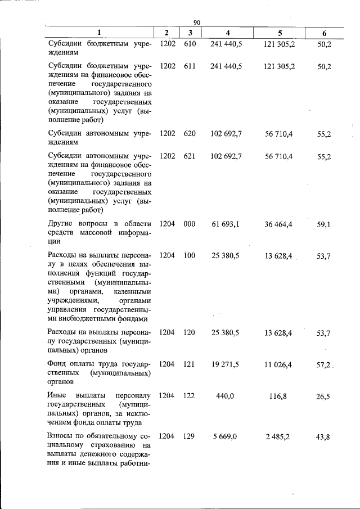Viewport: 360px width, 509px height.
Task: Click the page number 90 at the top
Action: click(197, 22)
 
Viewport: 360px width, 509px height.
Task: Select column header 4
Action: click(227, 33)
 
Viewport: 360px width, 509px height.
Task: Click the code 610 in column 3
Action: click(190, 43)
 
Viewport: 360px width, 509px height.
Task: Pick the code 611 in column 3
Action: click(190, 66)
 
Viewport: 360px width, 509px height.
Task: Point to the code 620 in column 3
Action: click(190, 134)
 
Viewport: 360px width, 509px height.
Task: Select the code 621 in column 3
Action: click(190, 156)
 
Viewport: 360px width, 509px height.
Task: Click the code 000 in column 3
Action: click(190, 224)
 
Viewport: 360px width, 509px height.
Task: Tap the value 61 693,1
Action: click(226, 224)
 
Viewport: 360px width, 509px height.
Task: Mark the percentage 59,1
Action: click(323, 224)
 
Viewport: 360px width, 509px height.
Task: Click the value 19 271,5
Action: click(226, 364)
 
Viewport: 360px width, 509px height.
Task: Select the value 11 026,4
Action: click(278, 364)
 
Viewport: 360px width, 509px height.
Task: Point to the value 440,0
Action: click(225, 396)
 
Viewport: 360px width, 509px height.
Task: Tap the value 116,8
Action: click(278, 396)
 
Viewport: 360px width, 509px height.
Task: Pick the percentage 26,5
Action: click(323, 396)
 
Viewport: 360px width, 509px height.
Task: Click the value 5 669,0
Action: click(226, 436)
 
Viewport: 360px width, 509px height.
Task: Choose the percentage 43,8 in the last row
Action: click(323, 436)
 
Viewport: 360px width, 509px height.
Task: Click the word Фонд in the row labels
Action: click(58, 364)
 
